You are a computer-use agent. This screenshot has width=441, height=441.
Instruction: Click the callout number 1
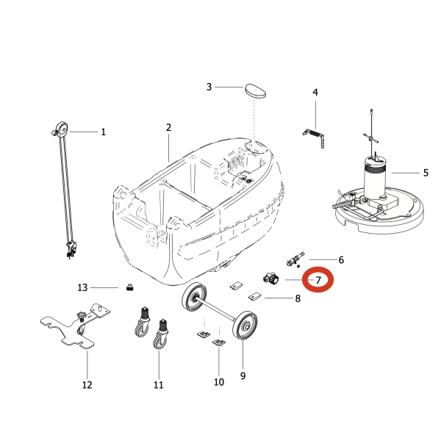pyautogui.click(x=103, y=132)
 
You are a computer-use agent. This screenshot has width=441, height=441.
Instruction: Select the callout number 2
pyautogui.click(x=168, y=127)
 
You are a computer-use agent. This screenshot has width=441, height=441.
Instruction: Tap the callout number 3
pyautogui.click(x=209, y=87)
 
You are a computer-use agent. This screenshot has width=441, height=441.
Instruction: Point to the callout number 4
pyautogui.click(x=315, y=93)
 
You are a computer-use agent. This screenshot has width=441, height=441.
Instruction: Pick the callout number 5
pyautogui.click(x=426, y=173)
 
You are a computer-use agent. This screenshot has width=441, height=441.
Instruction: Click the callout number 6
pyautogui.click(x=341, y=260)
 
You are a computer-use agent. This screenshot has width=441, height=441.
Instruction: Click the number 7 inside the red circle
pyautogui.click(x=318, y=280)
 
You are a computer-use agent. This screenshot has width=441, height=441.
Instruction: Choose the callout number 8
pyautogui.click(x=298, y=298)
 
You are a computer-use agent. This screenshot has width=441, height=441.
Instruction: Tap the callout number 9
pyautogui.click(x=243, y=376)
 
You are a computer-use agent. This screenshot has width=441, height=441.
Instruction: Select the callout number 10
pyautogui.click(x=219, y=382)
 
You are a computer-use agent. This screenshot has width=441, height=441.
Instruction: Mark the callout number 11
pyautogui.click(x=159, y=384)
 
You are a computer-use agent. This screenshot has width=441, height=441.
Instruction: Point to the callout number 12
pyautogui.click(x=87, y=384)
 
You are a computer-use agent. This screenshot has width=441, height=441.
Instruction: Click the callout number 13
pyautogui.click(x=82, y=287)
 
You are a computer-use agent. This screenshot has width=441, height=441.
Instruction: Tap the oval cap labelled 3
pyautogui.click(x=255, y=90)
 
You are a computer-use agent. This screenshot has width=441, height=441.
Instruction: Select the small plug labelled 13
pyautogui.click(x=129, y=287)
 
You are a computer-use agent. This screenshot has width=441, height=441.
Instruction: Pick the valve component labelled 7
pyautogui.click(x=270, y=279)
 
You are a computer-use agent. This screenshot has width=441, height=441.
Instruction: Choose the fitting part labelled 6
pyautogui.click(x=295, y=259)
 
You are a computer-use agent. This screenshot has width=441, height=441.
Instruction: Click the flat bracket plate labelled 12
pyautogui.click(x=75, y=326)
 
